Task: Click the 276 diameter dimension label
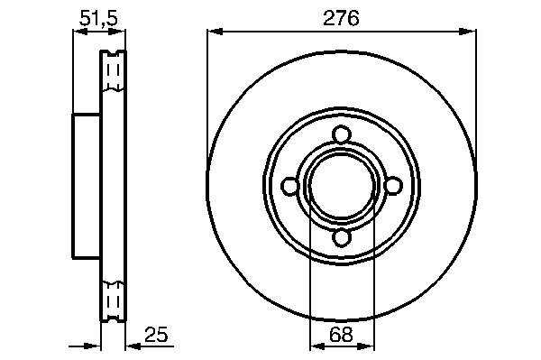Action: click(x=341, y=18)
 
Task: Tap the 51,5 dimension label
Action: click(x=98, y=18)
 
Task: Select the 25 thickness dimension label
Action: click(x=156, y=334)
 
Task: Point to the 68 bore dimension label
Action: click(x=341, y=334)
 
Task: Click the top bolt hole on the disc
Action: click(x=342, y=134)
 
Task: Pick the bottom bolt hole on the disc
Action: click(x=342, y=238)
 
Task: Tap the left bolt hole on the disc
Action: click(x=289, y=187)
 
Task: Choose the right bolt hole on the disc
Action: click(x=393, y=185)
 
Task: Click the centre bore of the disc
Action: click(x=342, y=187)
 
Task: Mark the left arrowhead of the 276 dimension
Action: click(x=215, y=32)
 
